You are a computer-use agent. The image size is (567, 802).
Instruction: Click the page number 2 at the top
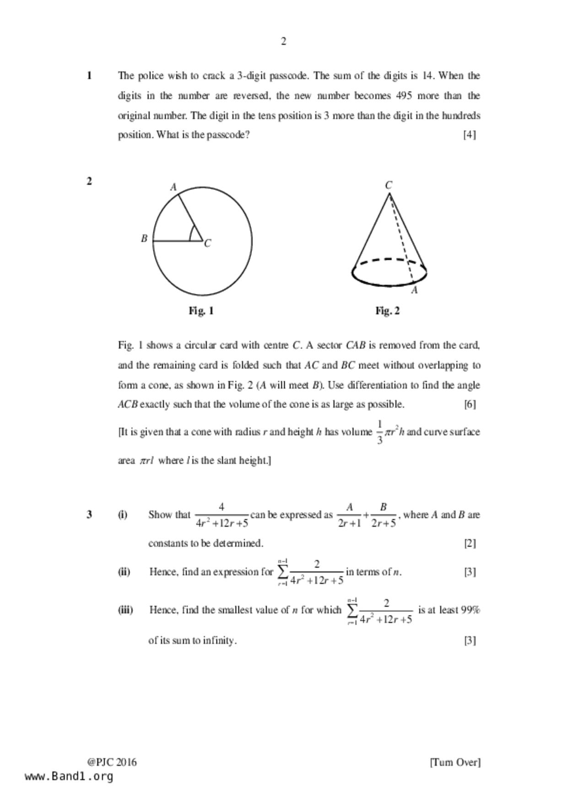point(283,42)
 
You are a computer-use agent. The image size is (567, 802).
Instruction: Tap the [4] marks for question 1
point(470,135)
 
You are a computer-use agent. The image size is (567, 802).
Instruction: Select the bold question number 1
point(89,75)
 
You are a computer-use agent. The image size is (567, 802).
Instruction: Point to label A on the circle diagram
point(173,187)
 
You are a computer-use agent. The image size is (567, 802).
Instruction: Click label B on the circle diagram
point(144,238)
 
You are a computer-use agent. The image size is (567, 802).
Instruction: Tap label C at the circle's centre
point(208,243)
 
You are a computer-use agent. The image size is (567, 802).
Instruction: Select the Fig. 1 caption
point(201,311)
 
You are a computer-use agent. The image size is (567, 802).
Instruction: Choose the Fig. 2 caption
point(388,311)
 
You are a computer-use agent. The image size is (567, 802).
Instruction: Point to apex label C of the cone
point(389,185)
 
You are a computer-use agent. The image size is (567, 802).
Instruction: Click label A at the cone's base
point(415,290)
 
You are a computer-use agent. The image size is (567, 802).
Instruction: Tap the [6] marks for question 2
point(470,404)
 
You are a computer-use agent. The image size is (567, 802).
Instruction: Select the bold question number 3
point(89,515)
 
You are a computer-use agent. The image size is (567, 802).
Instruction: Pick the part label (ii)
point(124,572)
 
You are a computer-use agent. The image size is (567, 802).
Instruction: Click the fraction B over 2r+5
point(383,515)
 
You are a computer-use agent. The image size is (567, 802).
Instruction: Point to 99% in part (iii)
point(470,610)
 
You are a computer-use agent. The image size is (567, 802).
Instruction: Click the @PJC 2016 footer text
point(112,762)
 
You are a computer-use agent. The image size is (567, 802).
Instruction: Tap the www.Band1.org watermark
point(69,776)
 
